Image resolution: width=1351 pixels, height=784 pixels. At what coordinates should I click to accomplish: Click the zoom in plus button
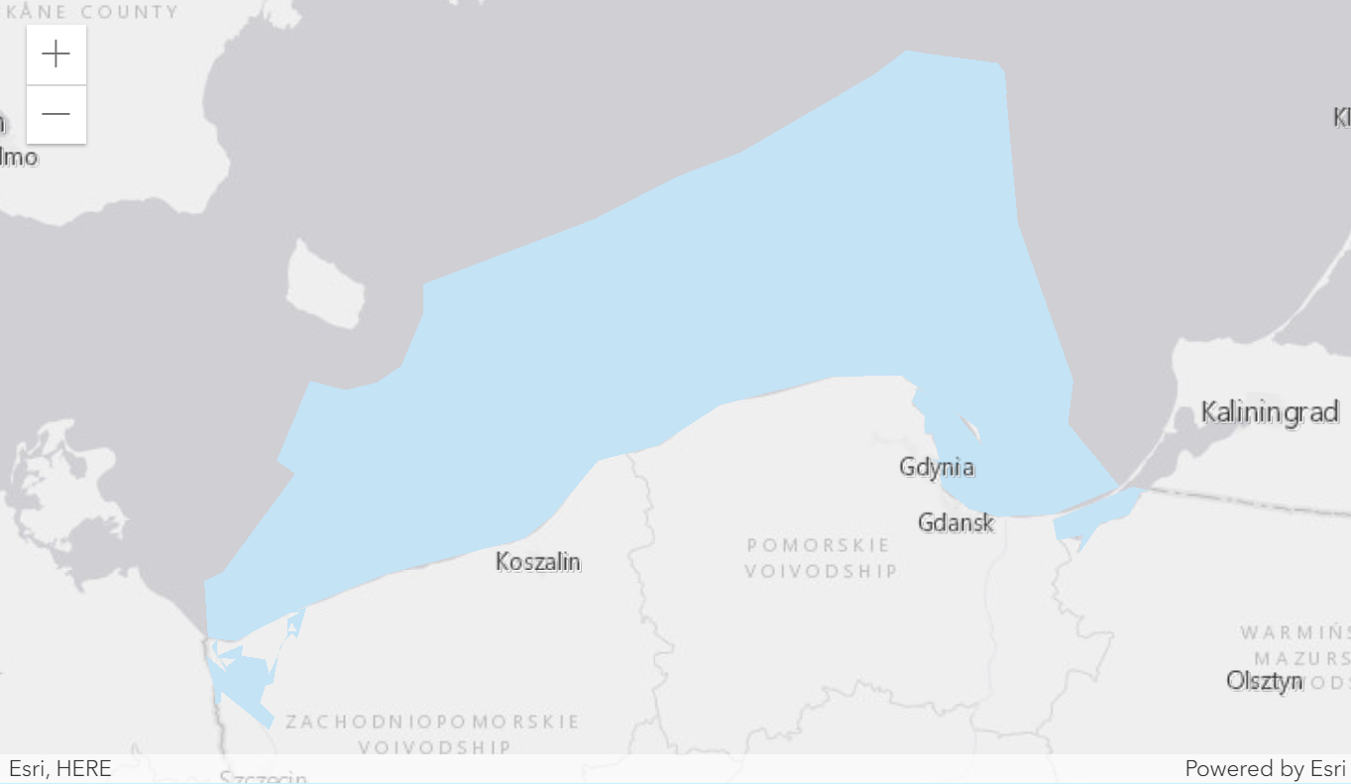[x=56, y=55]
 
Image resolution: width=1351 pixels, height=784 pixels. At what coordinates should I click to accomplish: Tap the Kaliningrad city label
[x=1270, y=411]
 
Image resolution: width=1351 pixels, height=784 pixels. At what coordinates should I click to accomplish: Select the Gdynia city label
[x=937, y=467]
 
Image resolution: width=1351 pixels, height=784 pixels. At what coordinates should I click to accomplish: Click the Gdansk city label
[x=956, y=522]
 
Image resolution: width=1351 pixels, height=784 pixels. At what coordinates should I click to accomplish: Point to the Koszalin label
[x=538, y=562]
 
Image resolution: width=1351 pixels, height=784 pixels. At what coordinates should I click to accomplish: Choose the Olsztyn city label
[x=1264, y=681]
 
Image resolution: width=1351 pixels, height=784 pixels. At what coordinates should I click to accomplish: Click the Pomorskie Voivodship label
[x=821, y=558]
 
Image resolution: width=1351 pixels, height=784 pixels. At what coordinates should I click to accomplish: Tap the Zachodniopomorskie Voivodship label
[x=432, y=733]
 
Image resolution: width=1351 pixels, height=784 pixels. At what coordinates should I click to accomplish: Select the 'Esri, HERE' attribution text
[x=60, y=768]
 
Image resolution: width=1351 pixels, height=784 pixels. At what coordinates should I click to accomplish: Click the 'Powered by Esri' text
[x=1264, y=768]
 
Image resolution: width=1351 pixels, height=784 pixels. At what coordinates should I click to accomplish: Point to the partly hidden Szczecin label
[x=264, y=778]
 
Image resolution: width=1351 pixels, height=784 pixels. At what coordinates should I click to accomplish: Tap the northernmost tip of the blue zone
[x=906, y=52]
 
